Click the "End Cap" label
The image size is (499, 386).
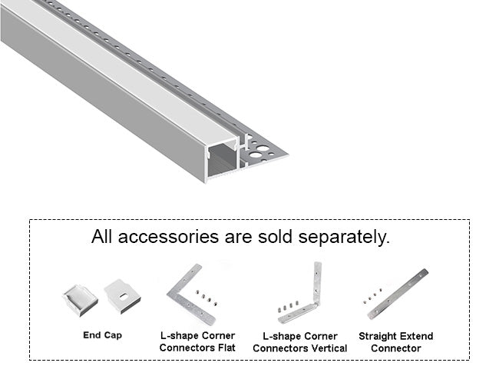point(102,335)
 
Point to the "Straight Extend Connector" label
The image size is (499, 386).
point(395,342)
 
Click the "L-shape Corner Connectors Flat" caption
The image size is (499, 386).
point(197,342)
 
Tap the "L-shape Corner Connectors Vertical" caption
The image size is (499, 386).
point(299,342)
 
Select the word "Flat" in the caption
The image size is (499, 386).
point(224,348)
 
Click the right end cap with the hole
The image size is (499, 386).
point(122,294)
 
